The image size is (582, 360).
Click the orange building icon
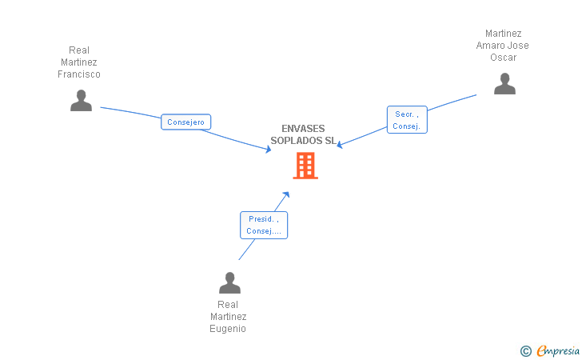305,166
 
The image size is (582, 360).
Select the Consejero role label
185,122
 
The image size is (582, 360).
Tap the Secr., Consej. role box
407,120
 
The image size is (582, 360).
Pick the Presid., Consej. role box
263,225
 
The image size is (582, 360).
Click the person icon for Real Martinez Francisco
81,100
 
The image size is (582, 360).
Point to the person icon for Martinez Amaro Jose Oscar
504,83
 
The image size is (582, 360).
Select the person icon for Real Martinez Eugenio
229,282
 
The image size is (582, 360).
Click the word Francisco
79,74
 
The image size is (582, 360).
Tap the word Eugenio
228,329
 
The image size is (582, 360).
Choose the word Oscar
504,58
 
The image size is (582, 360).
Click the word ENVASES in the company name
303,128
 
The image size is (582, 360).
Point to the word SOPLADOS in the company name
297,141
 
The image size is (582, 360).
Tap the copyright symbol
525,350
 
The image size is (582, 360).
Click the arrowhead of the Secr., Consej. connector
340,145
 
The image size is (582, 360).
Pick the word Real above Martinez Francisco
79,50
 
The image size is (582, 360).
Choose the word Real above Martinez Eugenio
228,305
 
